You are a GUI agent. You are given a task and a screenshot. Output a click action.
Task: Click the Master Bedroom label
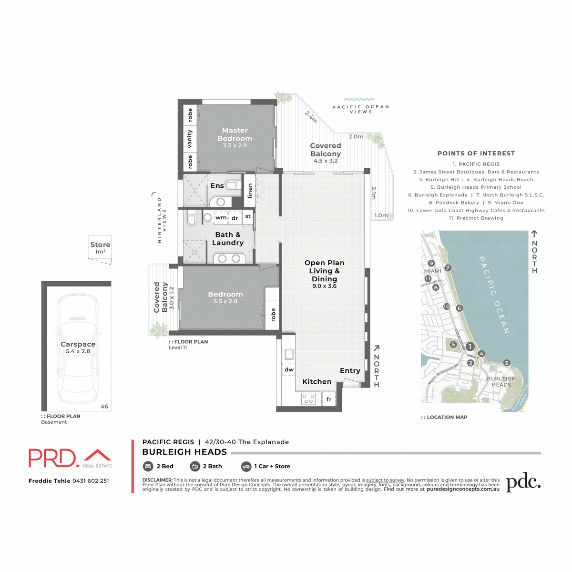pos(235,135)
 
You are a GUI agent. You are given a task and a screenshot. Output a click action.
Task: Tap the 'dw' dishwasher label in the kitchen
pos(289,369)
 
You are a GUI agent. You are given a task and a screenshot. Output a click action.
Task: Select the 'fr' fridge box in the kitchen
pos(329,399)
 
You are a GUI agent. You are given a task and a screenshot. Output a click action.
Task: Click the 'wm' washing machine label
pos(221,218)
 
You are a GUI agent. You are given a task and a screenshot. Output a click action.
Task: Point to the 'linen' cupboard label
pos(249,191)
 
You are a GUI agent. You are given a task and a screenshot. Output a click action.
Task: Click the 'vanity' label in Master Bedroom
pos(190,139)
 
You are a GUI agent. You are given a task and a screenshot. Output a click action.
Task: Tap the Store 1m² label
pos(100,247)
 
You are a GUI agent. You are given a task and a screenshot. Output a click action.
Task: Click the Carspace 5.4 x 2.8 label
pos(78,347)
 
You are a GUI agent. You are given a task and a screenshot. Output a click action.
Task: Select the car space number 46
pos(104,407)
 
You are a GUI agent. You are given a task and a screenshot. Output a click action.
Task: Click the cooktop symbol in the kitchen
pos(308,398)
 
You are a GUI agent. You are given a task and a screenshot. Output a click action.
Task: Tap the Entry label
pos(350,371)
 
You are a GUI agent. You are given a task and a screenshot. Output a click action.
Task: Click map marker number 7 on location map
pos(448,268)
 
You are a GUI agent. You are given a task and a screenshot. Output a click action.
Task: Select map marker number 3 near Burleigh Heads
pos(507,363)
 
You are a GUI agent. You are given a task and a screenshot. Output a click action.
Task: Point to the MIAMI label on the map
pos(433,271)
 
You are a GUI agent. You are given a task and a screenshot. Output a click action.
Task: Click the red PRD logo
pos(53,458)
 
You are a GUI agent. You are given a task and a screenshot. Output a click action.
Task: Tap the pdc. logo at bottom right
pos(523,482)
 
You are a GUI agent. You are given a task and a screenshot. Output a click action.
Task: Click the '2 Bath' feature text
pos(212,466)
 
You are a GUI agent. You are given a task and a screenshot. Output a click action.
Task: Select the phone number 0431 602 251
pos(91,480)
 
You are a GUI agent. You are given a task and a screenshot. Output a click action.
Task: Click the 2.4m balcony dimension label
pos(311,117)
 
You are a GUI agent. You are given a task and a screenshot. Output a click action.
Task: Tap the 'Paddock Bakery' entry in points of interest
pos(454,203)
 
